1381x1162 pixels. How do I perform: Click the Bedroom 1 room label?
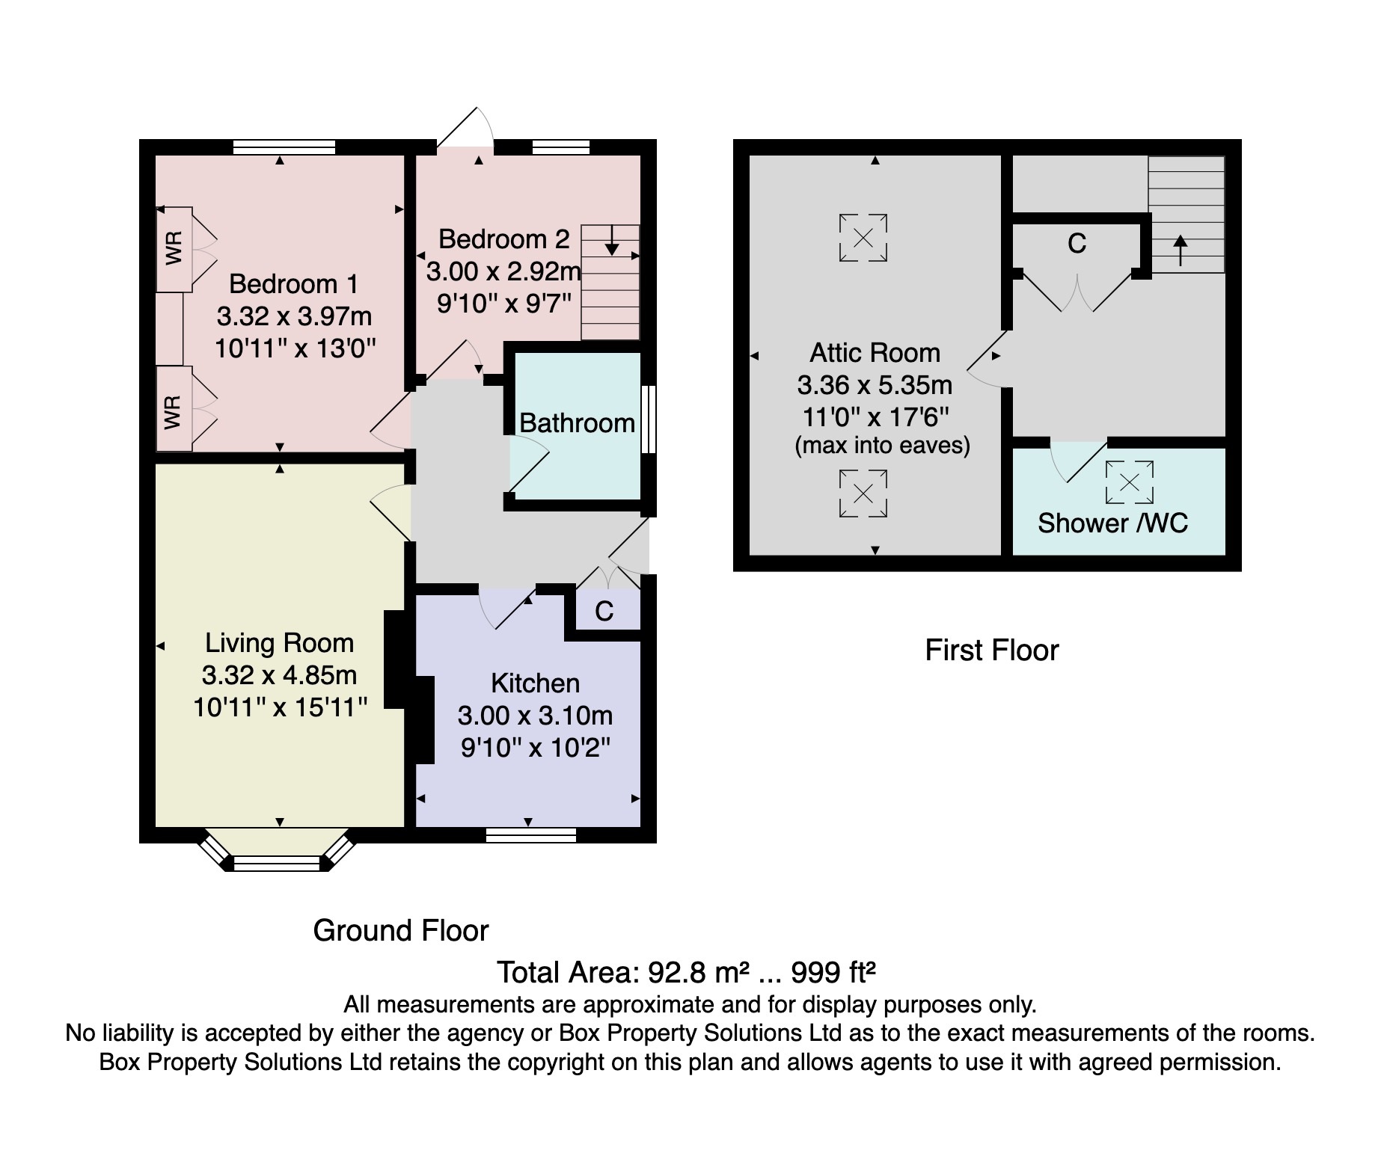(x=293, y=284)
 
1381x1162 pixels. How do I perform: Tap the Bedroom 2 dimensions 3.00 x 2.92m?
(x=503, y=271)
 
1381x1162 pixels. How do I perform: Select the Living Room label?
(x=279, y=643)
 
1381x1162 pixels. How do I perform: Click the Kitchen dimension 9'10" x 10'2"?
(x=536, y=748)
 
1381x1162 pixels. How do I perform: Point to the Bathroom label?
(x=577, y=423)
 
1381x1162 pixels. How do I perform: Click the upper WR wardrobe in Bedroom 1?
(x=174, y=249)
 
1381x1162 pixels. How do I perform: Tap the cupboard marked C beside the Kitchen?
(x=604, y=611)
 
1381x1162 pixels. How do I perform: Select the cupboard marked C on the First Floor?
(x=1077, y=244)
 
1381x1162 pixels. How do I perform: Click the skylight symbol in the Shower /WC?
(x=1130, y=482)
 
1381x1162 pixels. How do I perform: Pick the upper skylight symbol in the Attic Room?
(x=863, y=238)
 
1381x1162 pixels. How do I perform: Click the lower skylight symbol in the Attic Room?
(x=863, y=493)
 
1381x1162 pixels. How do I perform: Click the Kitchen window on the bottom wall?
(x=530, y=835)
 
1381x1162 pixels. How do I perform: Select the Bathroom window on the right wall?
(x=649, y=419)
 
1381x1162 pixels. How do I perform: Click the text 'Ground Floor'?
(x=400, y=931)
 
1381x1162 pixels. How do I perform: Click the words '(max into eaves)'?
(x=882, y=446)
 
